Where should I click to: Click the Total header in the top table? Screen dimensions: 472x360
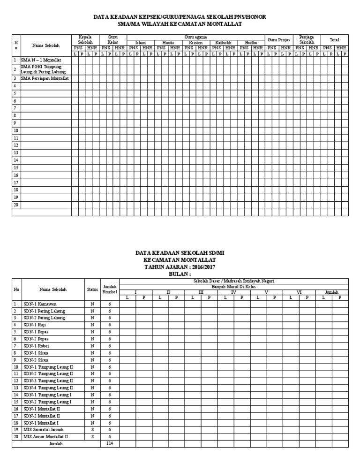335,40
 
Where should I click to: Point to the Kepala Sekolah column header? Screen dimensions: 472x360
85,39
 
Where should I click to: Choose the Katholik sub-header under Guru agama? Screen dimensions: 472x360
223,43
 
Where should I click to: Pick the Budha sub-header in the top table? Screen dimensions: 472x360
251,43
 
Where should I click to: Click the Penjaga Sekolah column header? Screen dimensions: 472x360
307,39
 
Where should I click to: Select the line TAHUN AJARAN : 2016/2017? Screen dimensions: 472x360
180,266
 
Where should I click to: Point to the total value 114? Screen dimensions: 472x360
110,443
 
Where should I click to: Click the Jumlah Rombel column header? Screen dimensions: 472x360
110,289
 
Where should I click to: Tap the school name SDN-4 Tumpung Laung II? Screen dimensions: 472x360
49,388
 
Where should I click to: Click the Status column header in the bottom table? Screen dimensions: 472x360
92,289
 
